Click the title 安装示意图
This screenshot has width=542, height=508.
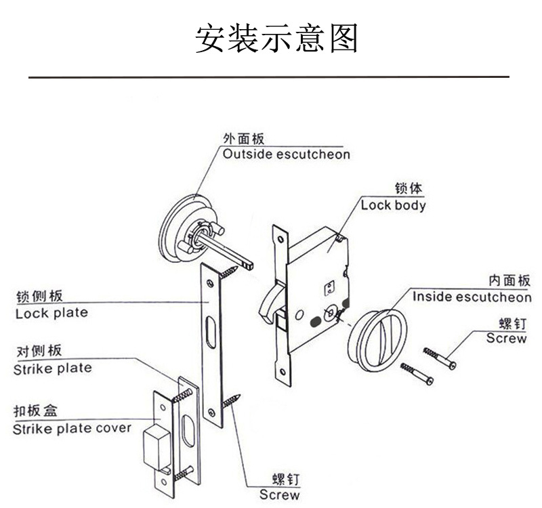click(x=276, y=39)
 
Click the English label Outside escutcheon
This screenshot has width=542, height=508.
click(x=287, y=154)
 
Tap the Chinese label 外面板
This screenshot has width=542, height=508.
click(x=244, y=138)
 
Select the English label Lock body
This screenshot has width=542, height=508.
click(x=393, y=205)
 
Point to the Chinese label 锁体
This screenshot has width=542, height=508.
click(x=409, y=189)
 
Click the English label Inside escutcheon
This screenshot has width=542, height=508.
click(x=472, y=297)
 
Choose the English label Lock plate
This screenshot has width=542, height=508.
click(x=51, y=314)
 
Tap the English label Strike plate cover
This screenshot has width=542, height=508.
click(x=72, y=429)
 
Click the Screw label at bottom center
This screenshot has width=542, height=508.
click(x=279, y=495)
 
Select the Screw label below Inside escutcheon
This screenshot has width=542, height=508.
click(x=506, y=338)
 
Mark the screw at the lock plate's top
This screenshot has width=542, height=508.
click(x=229, y=272)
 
